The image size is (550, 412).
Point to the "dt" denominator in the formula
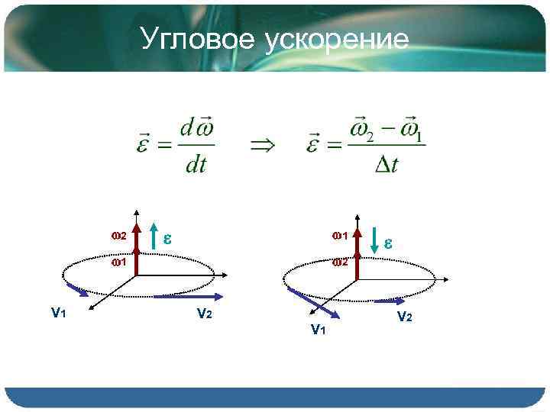point(196,166)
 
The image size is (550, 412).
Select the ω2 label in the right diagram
point(339,263)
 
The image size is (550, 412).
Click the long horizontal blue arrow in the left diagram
point(188,296)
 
